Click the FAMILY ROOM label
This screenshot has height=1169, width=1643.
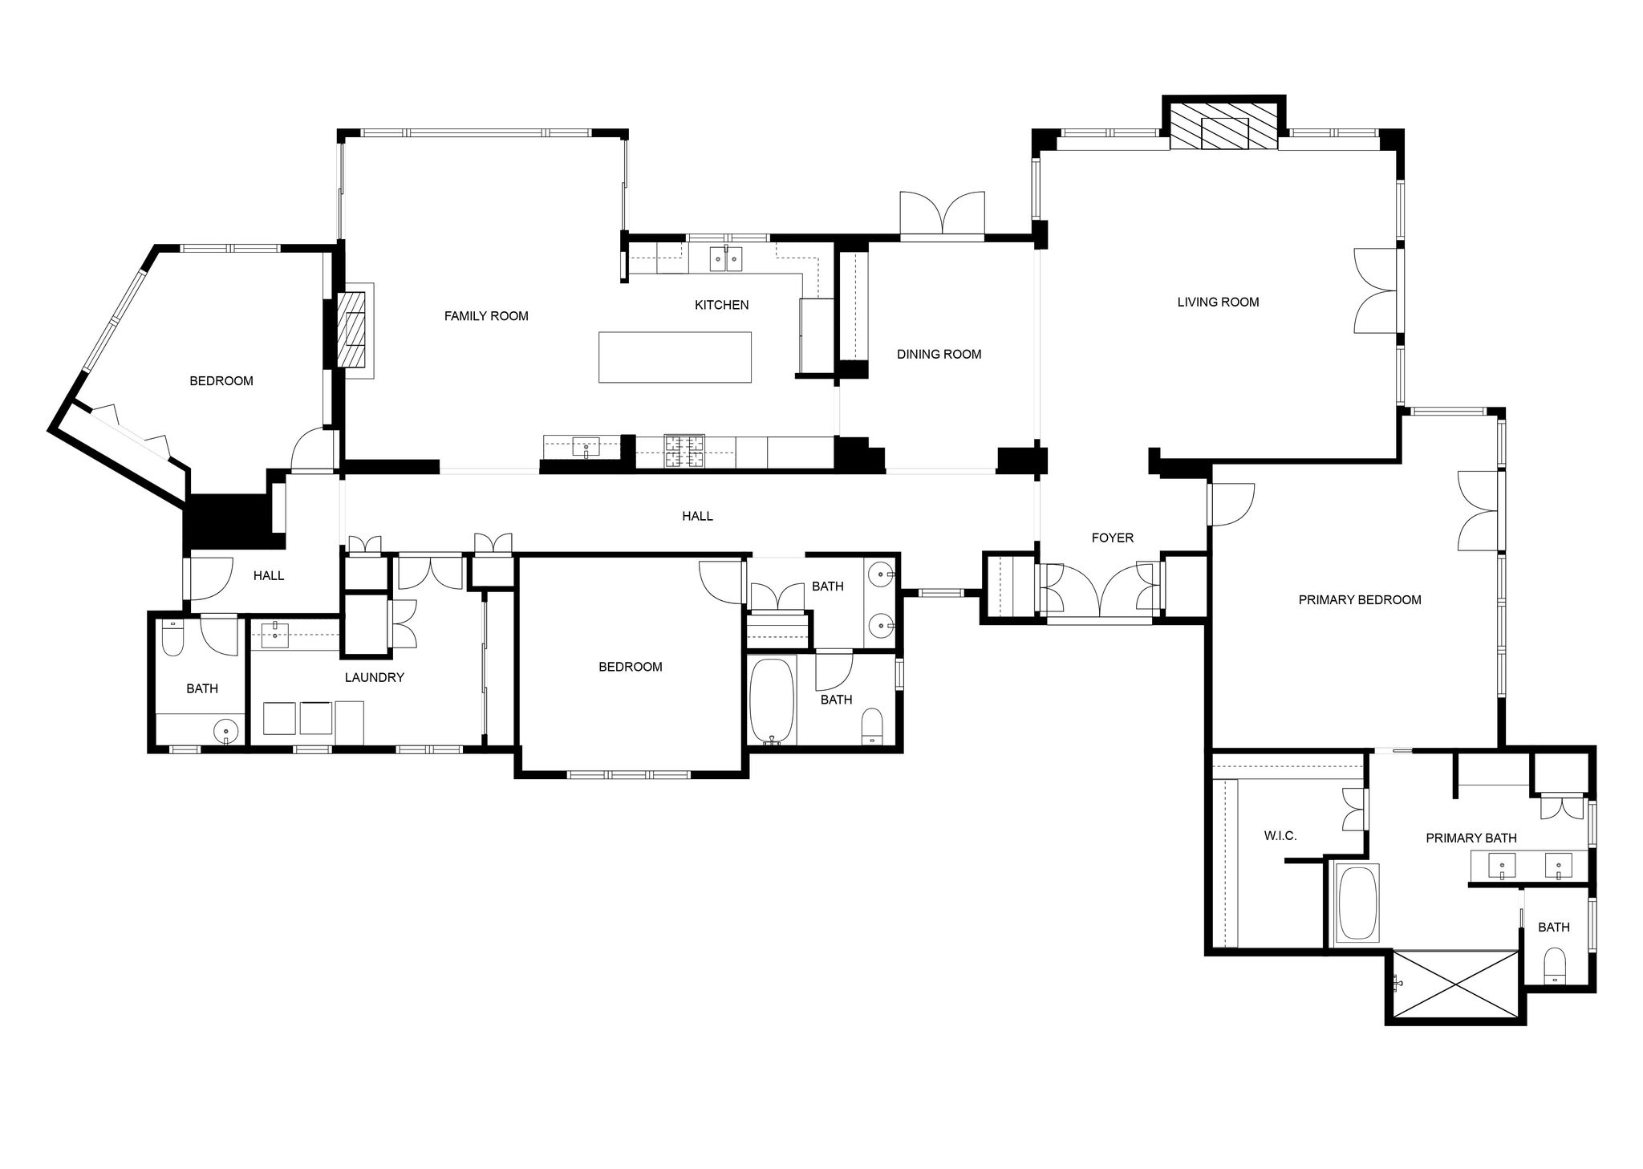[486, 316]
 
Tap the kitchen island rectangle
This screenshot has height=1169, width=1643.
[675, 357]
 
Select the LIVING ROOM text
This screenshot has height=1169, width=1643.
[1218, 302]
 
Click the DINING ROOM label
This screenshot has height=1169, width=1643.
[939, 354]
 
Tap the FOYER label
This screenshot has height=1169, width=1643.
[1113, 538]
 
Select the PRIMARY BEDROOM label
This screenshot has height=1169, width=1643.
[1360, 599]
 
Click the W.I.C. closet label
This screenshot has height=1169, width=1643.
[1280, 836]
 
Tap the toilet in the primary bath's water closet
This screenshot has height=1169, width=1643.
[1555, 965]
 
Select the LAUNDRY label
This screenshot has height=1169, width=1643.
[374, 677]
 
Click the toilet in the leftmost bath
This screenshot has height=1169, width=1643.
[172, 637]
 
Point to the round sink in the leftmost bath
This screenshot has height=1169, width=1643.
[227, 731]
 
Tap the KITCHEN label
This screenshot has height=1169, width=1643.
[721, 305]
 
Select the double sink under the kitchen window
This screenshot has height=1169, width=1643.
[726, 259]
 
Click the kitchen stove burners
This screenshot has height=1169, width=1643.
[684, 451]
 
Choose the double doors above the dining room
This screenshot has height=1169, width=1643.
[943, 215]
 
